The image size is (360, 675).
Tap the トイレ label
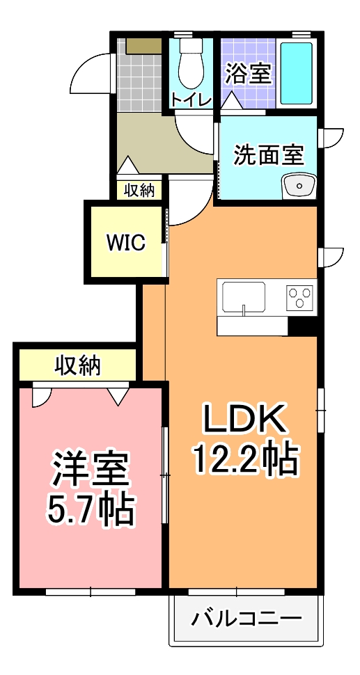pos(190,100)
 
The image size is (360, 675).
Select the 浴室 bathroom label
pos(249,74)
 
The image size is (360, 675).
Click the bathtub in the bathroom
pos(297,74)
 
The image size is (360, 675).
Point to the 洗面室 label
pos(267,154)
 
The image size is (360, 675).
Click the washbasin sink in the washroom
pos(300,186)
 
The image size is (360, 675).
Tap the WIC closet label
pos(125,242)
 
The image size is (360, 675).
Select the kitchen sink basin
pos(243,299)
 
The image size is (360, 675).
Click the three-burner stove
pos(301,298)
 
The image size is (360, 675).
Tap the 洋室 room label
pos(91,470)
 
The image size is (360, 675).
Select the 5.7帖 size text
pos(90,510)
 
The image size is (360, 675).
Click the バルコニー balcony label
pos(247,618)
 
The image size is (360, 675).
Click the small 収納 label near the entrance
pos(139,190)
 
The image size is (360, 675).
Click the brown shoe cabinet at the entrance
pos(143,46)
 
